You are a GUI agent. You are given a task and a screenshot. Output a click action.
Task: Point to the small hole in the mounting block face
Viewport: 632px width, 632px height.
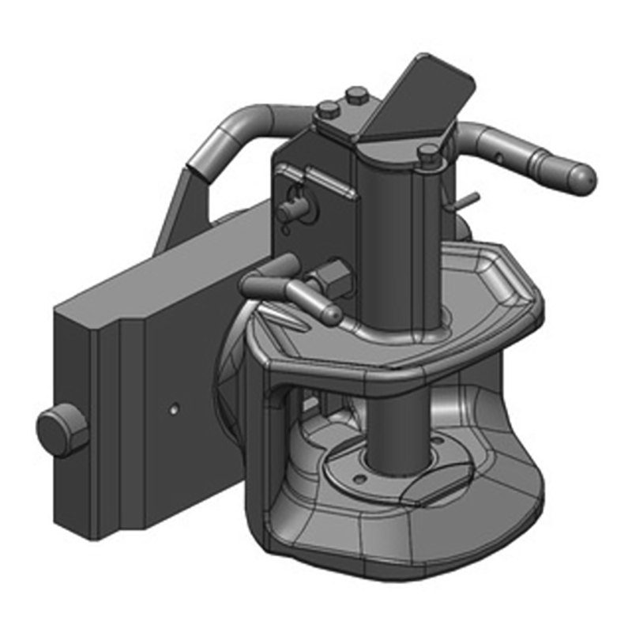click(x=173, y=409)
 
